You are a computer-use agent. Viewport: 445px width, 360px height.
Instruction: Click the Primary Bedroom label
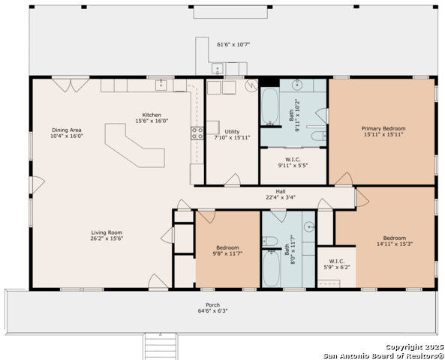383,128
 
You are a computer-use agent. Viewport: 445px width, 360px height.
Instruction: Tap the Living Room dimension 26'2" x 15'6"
107,238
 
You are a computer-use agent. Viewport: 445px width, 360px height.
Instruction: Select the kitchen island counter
135,145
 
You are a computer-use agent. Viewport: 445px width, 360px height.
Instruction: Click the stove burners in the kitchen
197,133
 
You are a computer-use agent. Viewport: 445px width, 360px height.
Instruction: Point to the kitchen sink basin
161,85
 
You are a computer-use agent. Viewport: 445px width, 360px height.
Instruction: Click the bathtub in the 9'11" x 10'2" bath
269,106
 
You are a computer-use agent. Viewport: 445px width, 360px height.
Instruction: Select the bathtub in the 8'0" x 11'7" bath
272,268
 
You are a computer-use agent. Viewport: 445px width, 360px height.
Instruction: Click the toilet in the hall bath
269,241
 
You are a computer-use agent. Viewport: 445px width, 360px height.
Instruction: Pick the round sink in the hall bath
309,227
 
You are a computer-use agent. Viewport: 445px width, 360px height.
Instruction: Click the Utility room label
232,132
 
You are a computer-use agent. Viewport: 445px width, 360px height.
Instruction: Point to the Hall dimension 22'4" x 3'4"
281,197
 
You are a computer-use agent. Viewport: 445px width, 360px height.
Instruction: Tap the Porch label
213,305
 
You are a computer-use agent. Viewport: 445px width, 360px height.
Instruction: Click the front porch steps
161,346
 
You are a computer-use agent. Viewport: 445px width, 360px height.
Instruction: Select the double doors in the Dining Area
71,85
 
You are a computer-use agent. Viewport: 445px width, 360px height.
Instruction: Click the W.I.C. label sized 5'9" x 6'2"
337,261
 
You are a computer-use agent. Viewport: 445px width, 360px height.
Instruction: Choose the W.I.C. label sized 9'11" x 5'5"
293,160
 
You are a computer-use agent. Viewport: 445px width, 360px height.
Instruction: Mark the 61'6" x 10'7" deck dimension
233,44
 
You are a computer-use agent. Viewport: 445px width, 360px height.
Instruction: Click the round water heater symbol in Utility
251,85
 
